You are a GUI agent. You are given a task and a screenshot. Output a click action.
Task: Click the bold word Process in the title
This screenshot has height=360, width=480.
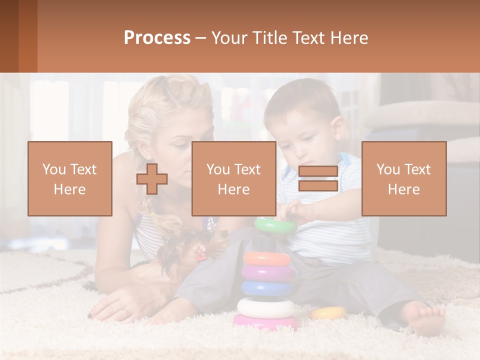[x=157, y=37]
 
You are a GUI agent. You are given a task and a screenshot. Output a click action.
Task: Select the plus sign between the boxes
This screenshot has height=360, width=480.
[x=152, y=179]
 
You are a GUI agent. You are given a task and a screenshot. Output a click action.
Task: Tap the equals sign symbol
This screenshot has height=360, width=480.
[x=318, y=179]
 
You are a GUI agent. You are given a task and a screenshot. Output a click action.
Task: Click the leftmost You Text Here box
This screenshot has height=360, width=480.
[x=70, y=178]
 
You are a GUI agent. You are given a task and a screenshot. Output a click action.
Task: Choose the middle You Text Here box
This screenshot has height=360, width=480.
[x=234, y=178]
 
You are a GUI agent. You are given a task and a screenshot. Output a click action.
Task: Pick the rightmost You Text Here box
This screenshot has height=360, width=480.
[x=404, y=178]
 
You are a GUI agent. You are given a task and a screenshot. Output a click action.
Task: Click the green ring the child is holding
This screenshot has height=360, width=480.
[x=275, y=225]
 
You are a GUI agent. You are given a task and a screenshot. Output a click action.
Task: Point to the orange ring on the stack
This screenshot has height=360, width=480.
[x=267, y=258]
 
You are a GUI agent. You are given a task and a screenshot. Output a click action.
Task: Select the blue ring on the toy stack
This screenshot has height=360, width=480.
[x=267, y=288]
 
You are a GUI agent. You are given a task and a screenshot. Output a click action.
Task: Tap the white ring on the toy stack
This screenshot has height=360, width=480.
[x=266, y=306]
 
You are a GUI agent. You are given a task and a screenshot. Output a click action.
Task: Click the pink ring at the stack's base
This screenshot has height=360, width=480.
[x=265, y=322]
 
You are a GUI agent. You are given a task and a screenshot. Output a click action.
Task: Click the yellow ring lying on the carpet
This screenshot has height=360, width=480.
[x=328, y=313]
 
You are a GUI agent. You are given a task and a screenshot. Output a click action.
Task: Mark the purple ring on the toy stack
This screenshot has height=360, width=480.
[x=268, y=273]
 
